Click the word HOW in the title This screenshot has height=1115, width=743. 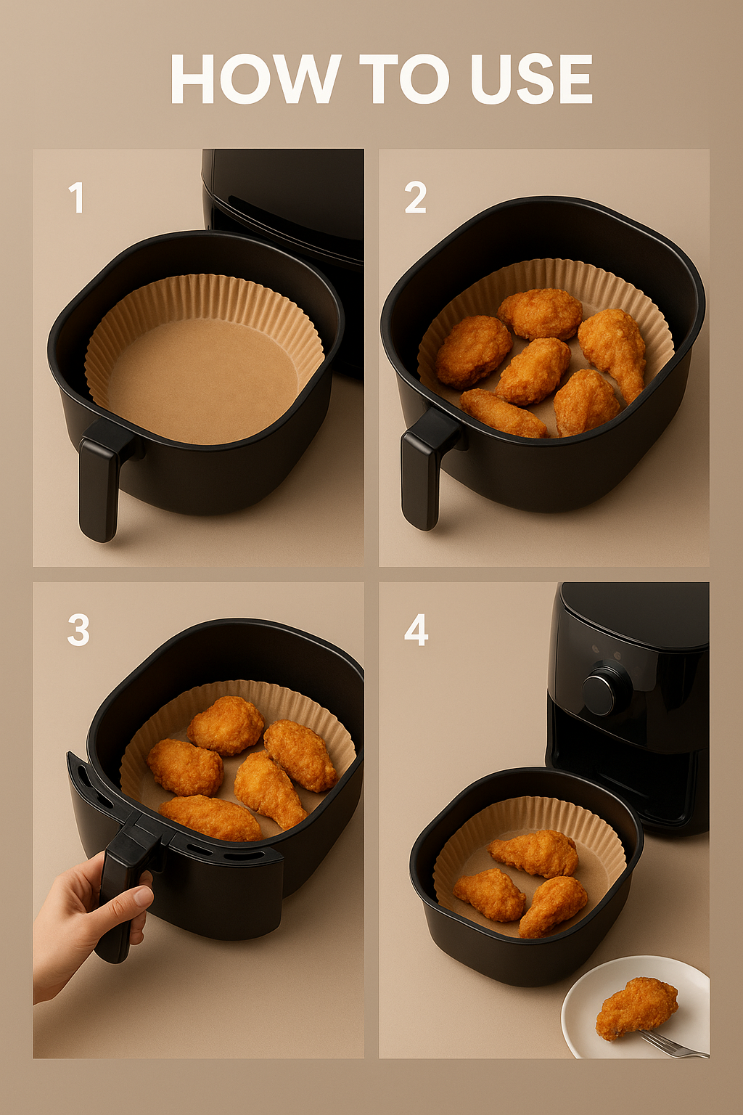[255, 79]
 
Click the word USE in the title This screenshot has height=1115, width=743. [525, 79]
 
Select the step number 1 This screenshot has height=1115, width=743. [76, 198]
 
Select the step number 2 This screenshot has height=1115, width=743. [416, 198]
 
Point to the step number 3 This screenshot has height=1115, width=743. [78, 630]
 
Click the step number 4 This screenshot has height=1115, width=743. [416, 630]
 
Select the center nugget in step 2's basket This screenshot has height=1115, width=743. [533, 370]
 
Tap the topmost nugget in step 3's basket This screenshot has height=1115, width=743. [226, 726]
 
